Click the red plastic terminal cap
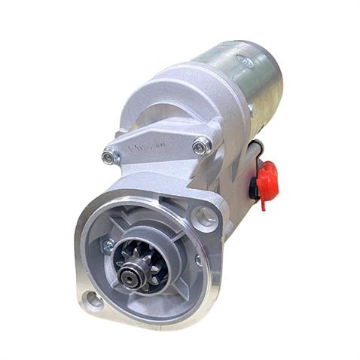[266, 177]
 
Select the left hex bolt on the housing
[110, 157]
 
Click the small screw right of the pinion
[198, 260]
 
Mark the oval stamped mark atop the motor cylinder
[246, 63]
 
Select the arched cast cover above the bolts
[166, 98]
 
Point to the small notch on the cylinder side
[250, 110]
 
